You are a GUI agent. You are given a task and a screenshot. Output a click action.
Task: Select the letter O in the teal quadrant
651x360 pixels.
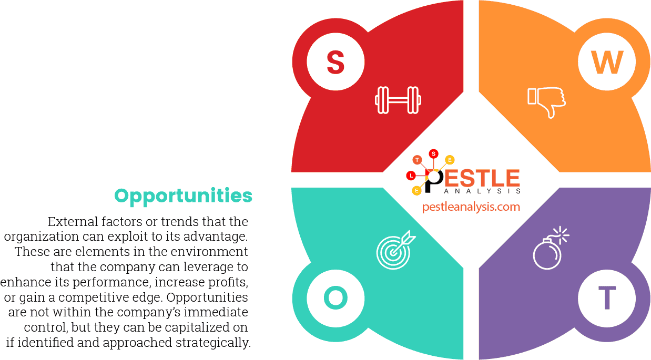[335, 298]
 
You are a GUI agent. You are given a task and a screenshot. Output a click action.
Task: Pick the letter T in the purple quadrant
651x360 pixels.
[606, 298]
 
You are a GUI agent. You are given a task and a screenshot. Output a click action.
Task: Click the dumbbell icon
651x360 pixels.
[398, 100]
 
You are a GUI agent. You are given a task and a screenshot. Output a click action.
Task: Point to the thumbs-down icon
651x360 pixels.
[546, 101]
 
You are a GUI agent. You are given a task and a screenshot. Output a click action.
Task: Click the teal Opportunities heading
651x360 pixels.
[183, 196]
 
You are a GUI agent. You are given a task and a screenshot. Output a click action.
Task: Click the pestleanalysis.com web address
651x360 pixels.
[471, 207]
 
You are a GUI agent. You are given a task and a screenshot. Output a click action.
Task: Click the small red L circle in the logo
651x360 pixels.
[411, 176]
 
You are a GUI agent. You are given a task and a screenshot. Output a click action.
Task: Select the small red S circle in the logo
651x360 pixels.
[433, 153]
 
